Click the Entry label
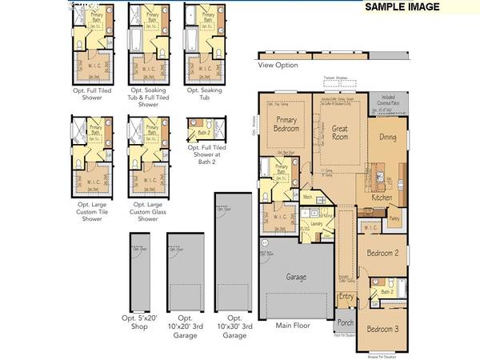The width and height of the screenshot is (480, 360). click(346, 297)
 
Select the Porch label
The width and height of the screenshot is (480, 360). click(345, 323)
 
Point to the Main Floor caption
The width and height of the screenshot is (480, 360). click(292, 326)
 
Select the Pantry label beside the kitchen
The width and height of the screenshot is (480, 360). click(394, 218)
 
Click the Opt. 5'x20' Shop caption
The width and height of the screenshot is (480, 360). click(141, 324)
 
